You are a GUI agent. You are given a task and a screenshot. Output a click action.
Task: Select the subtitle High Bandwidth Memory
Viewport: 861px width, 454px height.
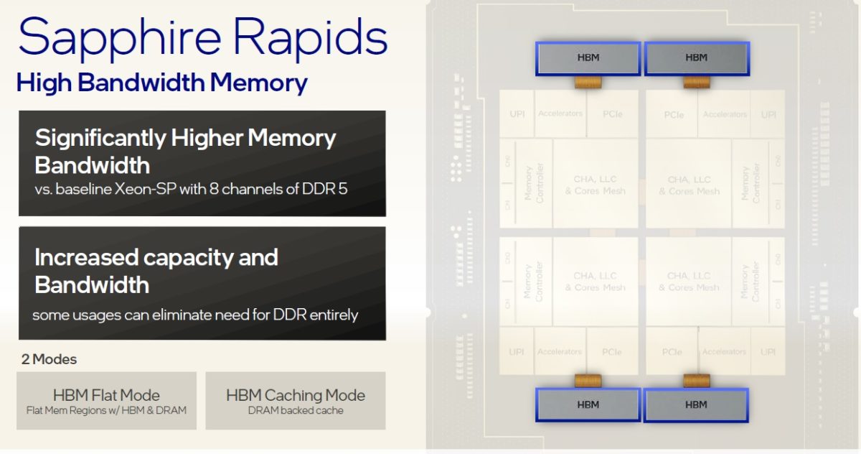coord(162,83)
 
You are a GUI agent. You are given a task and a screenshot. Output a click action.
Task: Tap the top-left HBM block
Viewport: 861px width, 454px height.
coord(587,58)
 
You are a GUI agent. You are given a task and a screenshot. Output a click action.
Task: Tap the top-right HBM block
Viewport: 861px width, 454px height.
coord(696,58)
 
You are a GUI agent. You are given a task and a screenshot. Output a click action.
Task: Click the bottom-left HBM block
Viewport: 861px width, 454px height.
coord(587,404)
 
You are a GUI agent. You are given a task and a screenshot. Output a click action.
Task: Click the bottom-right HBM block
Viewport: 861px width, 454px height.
coord(696,404)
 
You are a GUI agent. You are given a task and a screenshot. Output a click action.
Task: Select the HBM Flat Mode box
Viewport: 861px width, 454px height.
coord(106,400)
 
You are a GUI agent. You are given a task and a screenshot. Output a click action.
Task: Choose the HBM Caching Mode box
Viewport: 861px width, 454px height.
coord(296,400)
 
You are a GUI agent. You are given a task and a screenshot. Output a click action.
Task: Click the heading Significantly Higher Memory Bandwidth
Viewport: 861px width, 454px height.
coord(185,151)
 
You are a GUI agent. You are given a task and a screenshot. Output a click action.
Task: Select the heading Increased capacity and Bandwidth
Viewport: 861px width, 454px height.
coord(156,271)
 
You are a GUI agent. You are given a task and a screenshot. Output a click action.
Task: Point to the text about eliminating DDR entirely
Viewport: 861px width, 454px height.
coord(195,315)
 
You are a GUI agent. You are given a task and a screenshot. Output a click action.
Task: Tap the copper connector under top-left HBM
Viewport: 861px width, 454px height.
coord(587,83)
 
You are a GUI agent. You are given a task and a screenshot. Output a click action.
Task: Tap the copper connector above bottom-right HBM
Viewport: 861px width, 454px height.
coord(696,381)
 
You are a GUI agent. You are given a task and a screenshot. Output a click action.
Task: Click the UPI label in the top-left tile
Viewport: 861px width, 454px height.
coord(517,114)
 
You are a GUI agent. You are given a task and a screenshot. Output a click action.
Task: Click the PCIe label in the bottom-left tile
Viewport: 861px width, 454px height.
coord(612,352)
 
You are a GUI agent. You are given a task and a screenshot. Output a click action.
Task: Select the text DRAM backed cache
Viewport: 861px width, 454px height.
coord(296,411)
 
